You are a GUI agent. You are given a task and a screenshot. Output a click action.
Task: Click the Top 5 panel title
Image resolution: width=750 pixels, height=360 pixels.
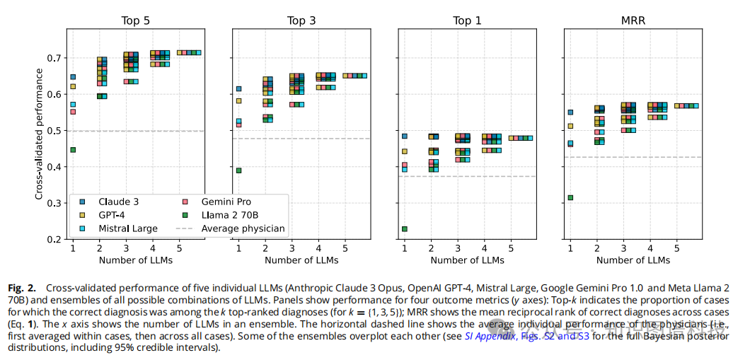[135, 21]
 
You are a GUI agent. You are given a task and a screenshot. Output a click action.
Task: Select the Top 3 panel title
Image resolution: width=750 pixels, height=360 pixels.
[301, 21]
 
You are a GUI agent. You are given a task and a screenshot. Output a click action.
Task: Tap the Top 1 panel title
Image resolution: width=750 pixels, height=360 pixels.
[467, 21]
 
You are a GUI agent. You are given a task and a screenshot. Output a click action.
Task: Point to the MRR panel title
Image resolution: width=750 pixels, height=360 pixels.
[633, 21]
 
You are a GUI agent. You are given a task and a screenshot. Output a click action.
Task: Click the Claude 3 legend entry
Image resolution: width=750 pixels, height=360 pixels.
[117, 202]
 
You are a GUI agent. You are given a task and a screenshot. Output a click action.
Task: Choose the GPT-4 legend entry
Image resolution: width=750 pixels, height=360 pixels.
[112, 215]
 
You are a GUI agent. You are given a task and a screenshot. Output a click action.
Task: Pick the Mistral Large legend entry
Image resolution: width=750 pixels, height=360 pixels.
[127, 228]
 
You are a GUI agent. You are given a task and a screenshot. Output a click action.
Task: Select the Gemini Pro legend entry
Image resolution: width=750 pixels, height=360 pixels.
[226, 202]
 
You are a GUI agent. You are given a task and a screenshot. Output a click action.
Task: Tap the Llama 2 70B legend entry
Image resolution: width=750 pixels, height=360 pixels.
[228, 215]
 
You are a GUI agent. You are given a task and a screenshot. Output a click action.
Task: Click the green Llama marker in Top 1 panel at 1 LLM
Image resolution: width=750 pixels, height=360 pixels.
[405, 229]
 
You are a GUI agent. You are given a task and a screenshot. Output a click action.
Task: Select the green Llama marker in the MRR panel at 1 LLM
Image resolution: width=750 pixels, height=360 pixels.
[570, 198]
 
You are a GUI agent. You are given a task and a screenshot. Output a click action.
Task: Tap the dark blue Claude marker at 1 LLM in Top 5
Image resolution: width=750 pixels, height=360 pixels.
[73, 77]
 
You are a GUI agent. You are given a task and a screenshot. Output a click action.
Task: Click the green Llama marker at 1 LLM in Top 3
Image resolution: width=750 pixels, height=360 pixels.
[238, 170]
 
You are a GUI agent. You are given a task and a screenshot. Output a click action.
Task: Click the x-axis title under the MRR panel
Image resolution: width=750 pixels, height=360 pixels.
[633, 260]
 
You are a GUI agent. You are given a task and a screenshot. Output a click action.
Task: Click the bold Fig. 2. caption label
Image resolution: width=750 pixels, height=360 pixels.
[24, 288]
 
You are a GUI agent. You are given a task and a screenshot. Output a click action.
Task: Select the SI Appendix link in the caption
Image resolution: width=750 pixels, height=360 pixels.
[489, 336]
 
